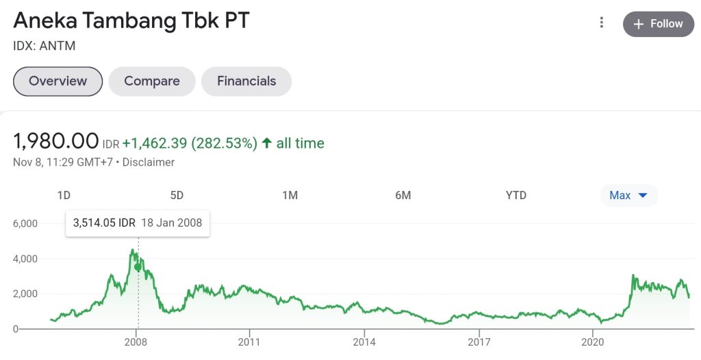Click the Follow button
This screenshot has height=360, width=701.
[x=658, y=24]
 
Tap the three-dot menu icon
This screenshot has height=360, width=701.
[x=602, y=23]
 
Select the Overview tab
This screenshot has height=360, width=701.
[x=58, y=81]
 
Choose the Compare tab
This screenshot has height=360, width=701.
[x=152, y=81]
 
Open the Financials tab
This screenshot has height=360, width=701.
[x=246, y=81]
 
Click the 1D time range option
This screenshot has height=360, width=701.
[x=64, y=195]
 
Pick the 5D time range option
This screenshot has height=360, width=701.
[x=177, y=195]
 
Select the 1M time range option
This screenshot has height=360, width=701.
[x=290, y=195]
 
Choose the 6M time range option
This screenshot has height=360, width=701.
[x=403, y=195]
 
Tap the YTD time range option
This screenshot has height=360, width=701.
[x=516, y=195]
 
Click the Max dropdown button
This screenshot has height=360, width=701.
[x=628, y=195]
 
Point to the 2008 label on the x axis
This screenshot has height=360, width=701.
[x=136, y=341]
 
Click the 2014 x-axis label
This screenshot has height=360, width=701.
[x=365, y=341]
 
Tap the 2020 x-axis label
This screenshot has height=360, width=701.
[x=592, y=341]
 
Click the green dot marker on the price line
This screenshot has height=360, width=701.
[x=138, y=266]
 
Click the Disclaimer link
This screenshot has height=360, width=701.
[x=149, y=162]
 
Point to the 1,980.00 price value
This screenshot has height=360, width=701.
[x=56, y=142]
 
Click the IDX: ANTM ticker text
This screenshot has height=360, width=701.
[x=44, y=47]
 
